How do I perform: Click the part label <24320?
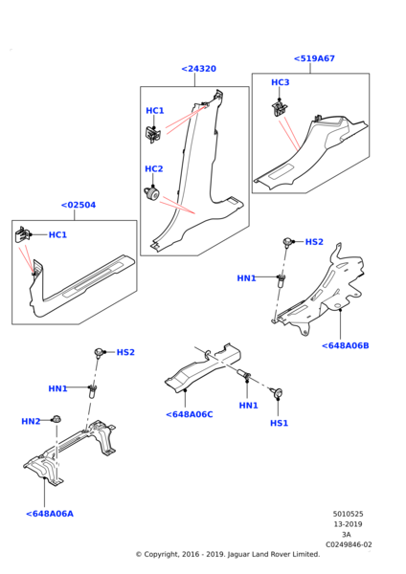[x=198, y=69]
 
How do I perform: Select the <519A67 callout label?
[x=314, y=58]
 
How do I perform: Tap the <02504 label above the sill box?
[x=79, y=205]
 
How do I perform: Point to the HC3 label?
[x=280, y=82]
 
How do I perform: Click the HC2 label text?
[x=154, y=168]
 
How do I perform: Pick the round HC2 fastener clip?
[x=151, y=193]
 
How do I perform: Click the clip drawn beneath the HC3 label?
[x=280, y=108]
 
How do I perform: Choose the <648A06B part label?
[x=345, y=345]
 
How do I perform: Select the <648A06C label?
[x=189, y=414]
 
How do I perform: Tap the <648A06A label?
[x=50, y=514]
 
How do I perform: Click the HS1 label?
[x=279, y=423]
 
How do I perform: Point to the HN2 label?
[x=31, y=421]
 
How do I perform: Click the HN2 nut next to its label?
[x=56, y=419]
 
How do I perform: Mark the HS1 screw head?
[x=278, y=393]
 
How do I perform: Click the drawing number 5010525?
[x=348, y=514]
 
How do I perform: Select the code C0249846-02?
[x=349, y=544]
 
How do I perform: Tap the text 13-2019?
[x=348, y=524]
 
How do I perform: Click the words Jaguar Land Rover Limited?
[x=273, y=554]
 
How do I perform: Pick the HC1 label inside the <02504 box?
[x=57, y=234]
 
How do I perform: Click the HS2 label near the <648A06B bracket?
[x=314, y=242]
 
